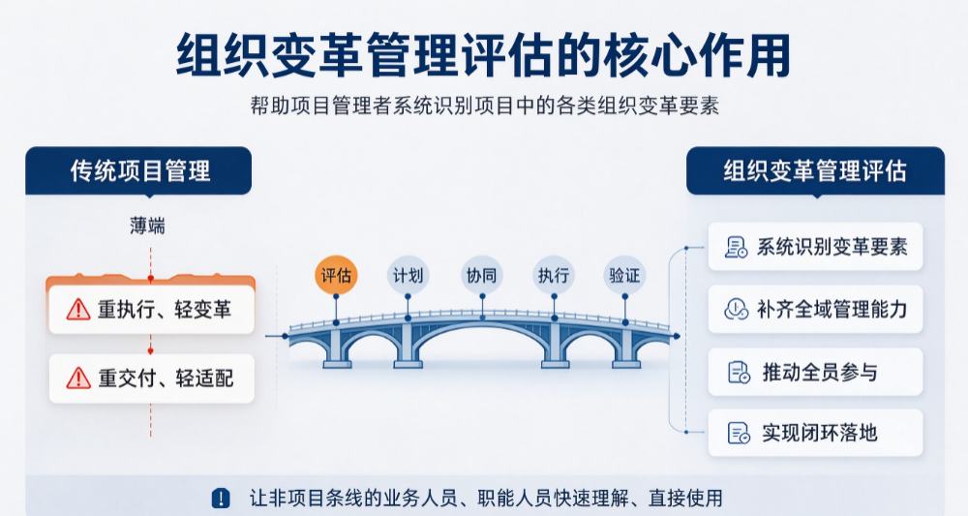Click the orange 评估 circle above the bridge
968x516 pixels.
click(x=336, y=275)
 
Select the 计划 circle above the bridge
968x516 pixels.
click(x=408, y=275)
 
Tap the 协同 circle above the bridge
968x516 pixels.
click(x=481, y=275)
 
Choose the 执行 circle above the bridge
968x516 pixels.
click(x=554, y=275)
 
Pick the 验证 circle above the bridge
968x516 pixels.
click(x=624, y=275)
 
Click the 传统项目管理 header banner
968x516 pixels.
click(x=138, y=171)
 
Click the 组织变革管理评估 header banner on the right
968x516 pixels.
click(x=815, y=171)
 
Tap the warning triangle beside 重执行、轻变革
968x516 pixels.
click(x=78, y=309)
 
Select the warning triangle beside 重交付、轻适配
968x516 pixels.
click(x=78, y=378)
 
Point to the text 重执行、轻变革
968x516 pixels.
click(x=165, y=309)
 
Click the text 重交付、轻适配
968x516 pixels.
click(x=166, y=378)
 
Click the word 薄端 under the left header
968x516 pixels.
click(x=147, y=226)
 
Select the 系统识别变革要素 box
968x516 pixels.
click(x=815, y=247)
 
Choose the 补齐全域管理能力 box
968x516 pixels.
click(x=815, y=309)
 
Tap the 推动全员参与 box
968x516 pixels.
click(x=815, y=372)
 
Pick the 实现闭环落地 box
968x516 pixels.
click(x=815, y=433)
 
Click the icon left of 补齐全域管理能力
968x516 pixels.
click(x=737, y=309)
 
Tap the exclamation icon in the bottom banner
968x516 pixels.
click(x=221, y=499)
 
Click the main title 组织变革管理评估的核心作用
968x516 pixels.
click(x=483, y=55)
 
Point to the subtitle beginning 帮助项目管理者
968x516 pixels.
click(x=485, y=106)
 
